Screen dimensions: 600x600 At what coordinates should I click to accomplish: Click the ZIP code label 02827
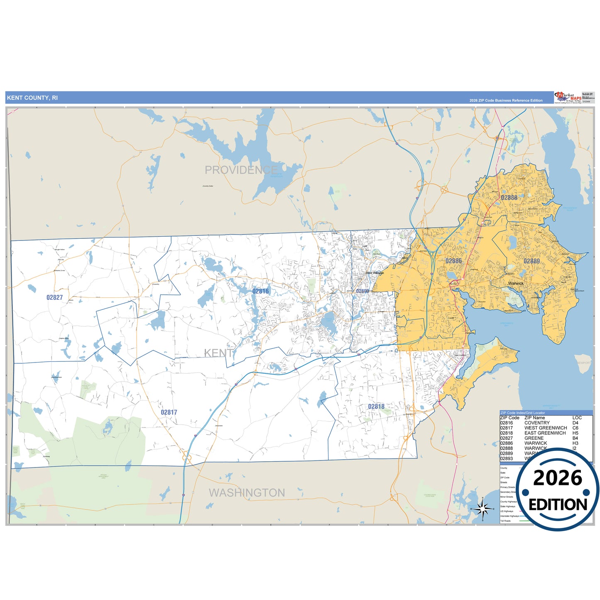(54, 297)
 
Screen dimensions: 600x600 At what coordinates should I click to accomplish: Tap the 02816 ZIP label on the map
(260, 291)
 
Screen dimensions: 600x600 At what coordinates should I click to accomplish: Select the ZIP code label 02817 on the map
(169, 412)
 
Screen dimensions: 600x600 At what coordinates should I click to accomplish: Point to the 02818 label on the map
(376, 407)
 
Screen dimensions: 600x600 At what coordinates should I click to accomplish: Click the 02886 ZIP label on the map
(453, 261)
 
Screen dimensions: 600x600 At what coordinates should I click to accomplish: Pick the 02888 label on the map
(509, 198)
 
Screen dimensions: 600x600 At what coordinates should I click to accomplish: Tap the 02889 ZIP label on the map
(531, 261)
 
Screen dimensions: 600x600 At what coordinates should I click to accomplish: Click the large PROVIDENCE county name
(241, 170)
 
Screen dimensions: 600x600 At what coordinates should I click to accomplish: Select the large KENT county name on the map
(218, 353)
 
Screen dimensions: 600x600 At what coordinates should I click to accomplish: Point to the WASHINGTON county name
(247, 493)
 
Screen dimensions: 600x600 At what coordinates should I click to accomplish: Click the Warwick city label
(516, 283)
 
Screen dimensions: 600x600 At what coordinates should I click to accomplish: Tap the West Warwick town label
(375, 273)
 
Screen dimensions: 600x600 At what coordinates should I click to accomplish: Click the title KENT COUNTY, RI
(32, 98)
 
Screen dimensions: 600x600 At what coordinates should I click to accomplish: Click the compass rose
(482, 509)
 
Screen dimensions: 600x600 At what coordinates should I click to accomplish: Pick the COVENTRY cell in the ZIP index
(537, 423)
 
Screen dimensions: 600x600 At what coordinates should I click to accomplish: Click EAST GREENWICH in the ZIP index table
(545, 433)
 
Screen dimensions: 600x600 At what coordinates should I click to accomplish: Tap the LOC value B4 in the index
(575, 438)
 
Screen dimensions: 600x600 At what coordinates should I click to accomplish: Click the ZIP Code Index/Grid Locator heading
(522, 413)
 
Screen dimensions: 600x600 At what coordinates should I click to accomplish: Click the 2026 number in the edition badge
(558, 478)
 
